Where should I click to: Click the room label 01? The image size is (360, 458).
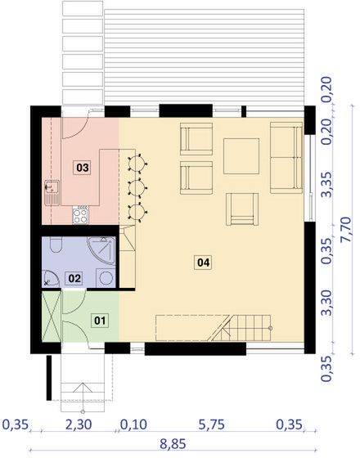tap(99, 320)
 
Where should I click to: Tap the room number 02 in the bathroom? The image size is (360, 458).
tap(74, 278)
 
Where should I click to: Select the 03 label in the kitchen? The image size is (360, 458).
tap(82, 168)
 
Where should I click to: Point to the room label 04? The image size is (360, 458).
tap(203, 263)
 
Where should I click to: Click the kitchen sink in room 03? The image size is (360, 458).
tap(50, 191)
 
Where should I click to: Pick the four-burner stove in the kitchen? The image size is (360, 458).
tap(82, 216)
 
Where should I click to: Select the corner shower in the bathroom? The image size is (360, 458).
tap(104, 248)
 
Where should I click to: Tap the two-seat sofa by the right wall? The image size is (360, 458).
tap(286, 155)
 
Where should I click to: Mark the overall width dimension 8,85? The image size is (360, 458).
tap(172, 443)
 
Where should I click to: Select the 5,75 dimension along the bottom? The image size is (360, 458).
tap(213, 424)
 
